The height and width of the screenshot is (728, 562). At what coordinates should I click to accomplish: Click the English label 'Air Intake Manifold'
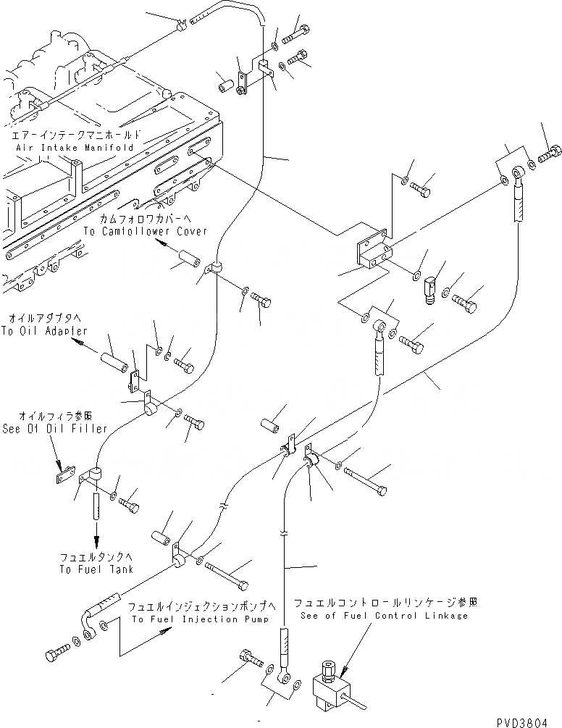pyautogui.click(x=75, y=146)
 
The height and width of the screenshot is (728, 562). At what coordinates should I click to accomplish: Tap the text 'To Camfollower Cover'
pyautogui.click(x=146, y=231)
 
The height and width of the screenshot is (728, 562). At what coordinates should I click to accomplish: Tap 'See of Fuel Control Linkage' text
pyautogui.click(x=381, y=615)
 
